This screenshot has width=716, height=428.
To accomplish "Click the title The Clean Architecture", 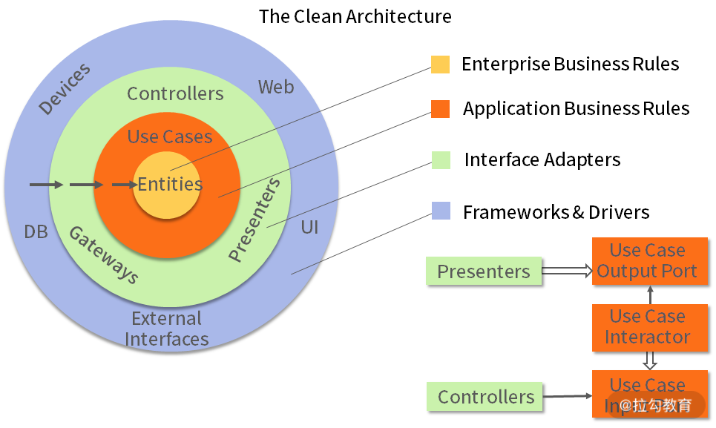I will click(355, 16).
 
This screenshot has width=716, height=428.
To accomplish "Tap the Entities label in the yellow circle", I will click(170, 184).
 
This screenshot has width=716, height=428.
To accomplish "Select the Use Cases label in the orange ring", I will click(170, 136).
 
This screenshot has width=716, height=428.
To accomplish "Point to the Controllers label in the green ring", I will click(175, 93).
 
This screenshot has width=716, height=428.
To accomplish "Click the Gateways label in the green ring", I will click(104, 254).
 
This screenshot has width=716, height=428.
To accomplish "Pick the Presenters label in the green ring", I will click(255, 220).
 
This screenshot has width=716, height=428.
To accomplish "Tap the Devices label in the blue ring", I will click(65, 89).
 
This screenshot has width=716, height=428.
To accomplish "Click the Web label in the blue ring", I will click(276, 87).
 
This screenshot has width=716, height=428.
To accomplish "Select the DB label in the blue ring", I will click(36, 232).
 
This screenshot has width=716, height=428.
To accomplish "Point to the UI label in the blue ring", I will click(309, 227).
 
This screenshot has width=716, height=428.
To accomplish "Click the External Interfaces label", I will click(167, 329).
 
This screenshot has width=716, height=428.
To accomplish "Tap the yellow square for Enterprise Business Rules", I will click(440, 65).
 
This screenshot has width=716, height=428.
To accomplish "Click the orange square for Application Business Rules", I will click(440, 109).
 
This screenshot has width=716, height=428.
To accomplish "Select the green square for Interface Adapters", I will click(441, 159).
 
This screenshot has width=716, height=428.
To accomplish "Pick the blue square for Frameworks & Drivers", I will click(441, 211).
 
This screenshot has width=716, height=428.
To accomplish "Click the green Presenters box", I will click(484, 271).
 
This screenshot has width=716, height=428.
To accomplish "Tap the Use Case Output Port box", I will click(647, 260).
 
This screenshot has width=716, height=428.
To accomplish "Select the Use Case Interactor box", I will click(647, 326).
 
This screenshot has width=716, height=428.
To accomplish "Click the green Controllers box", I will click(485, 397).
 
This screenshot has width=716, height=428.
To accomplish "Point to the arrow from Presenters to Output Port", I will click(567, 271).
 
